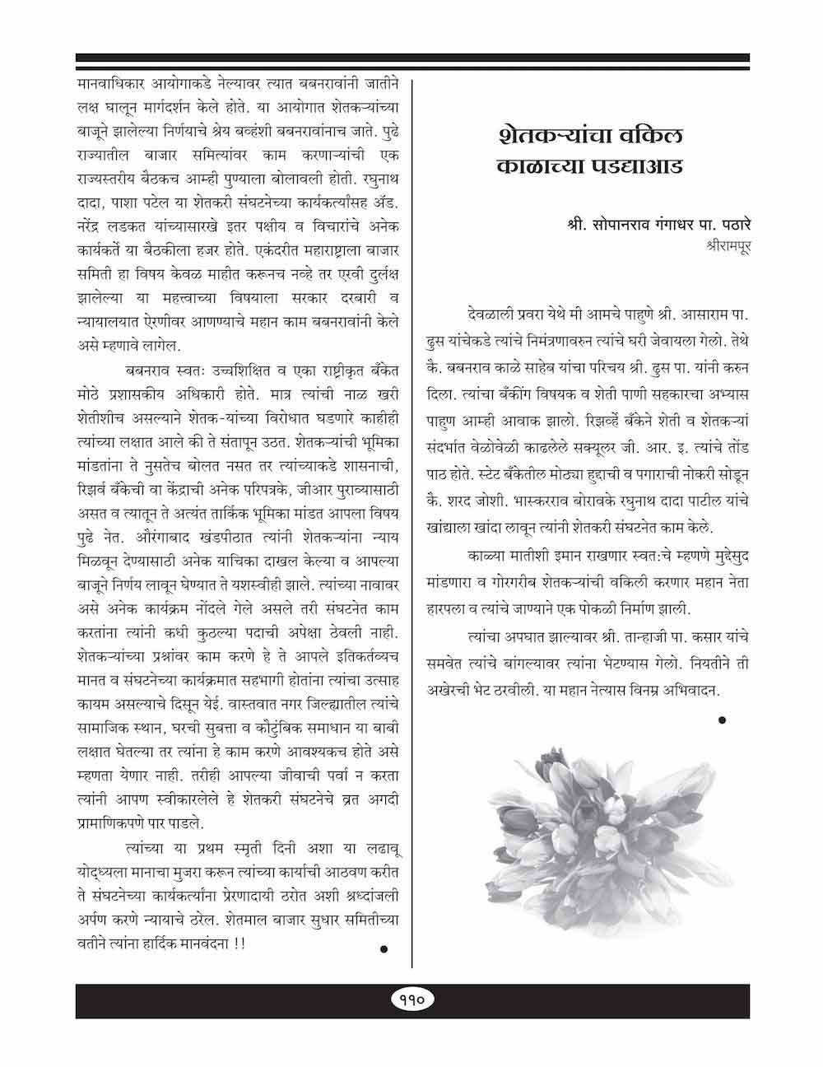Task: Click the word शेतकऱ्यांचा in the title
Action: coord(548,134)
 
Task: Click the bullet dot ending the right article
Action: coord(722,720)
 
